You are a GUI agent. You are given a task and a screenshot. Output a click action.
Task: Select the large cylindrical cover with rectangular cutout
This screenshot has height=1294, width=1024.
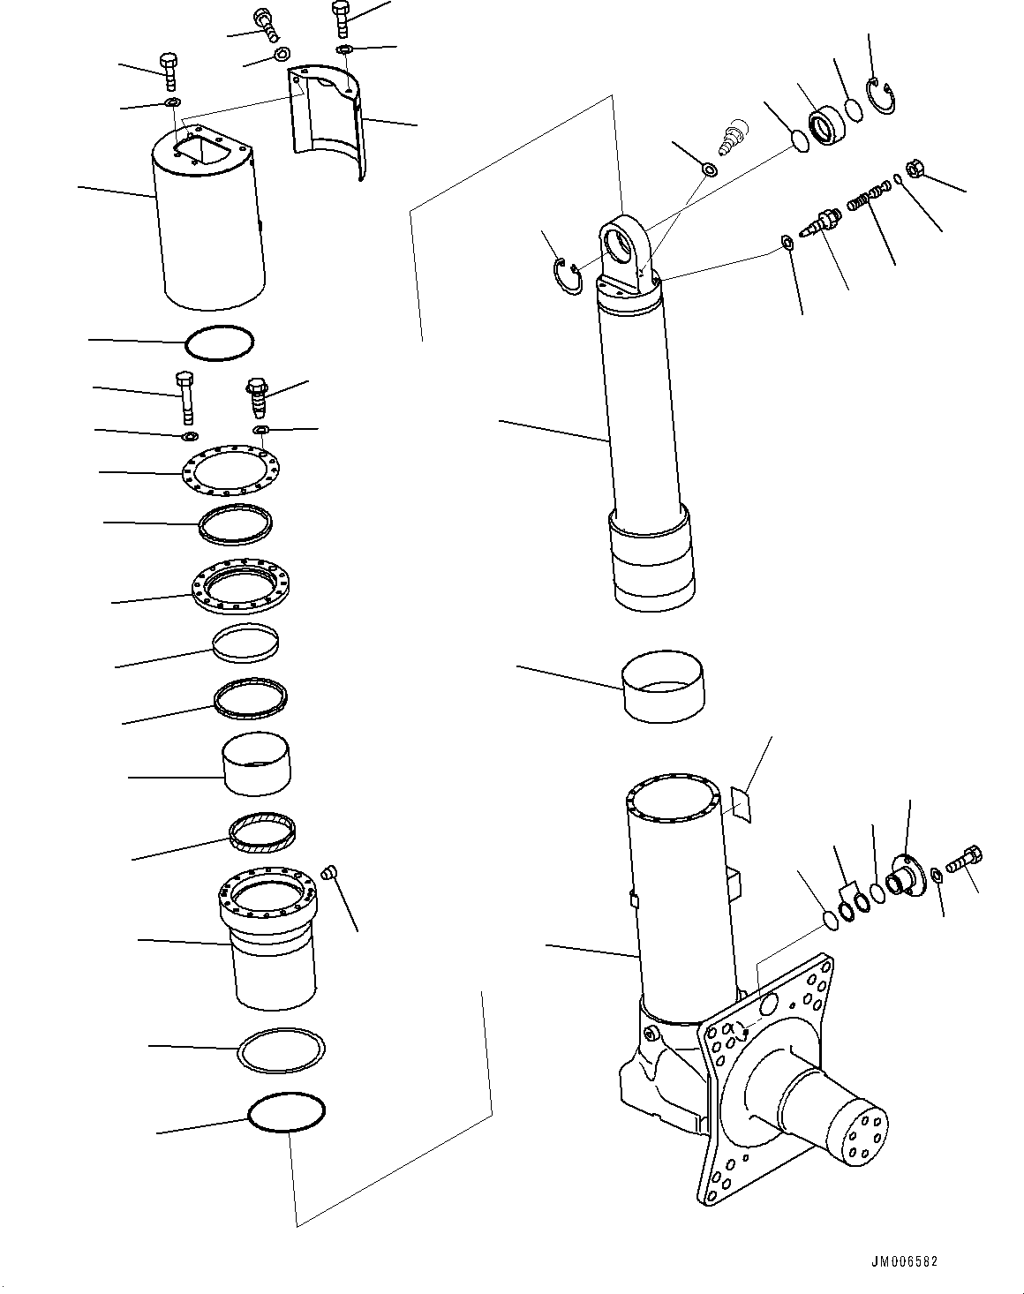point(209,229)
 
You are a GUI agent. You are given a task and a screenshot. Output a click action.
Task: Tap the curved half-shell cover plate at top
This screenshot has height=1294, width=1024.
point(327,124)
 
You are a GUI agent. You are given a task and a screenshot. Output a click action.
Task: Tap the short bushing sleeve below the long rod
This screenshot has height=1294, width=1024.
point(664,688)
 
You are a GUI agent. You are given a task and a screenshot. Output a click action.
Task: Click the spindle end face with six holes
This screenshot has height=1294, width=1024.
point(862,1132)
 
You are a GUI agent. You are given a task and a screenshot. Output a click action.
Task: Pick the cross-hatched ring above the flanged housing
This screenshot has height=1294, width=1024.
point(262,832)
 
